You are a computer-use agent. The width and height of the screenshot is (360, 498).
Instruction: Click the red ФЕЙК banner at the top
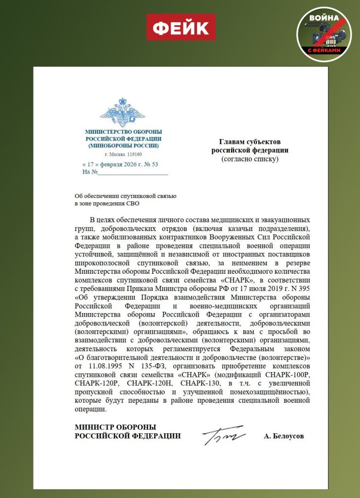point(180,27)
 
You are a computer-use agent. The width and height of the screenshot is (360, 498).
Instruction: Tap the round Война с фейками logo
point(324,34)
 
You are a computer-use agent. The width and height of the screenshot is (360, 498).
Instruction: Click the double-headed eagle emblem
point(123,112)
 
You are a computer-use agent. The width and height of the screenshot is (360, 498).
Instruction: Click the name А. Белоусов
point(284,436)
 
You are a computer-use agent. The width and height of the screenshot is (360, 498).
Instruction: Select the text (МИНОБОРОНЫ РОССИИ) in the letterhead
point(123,145)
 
